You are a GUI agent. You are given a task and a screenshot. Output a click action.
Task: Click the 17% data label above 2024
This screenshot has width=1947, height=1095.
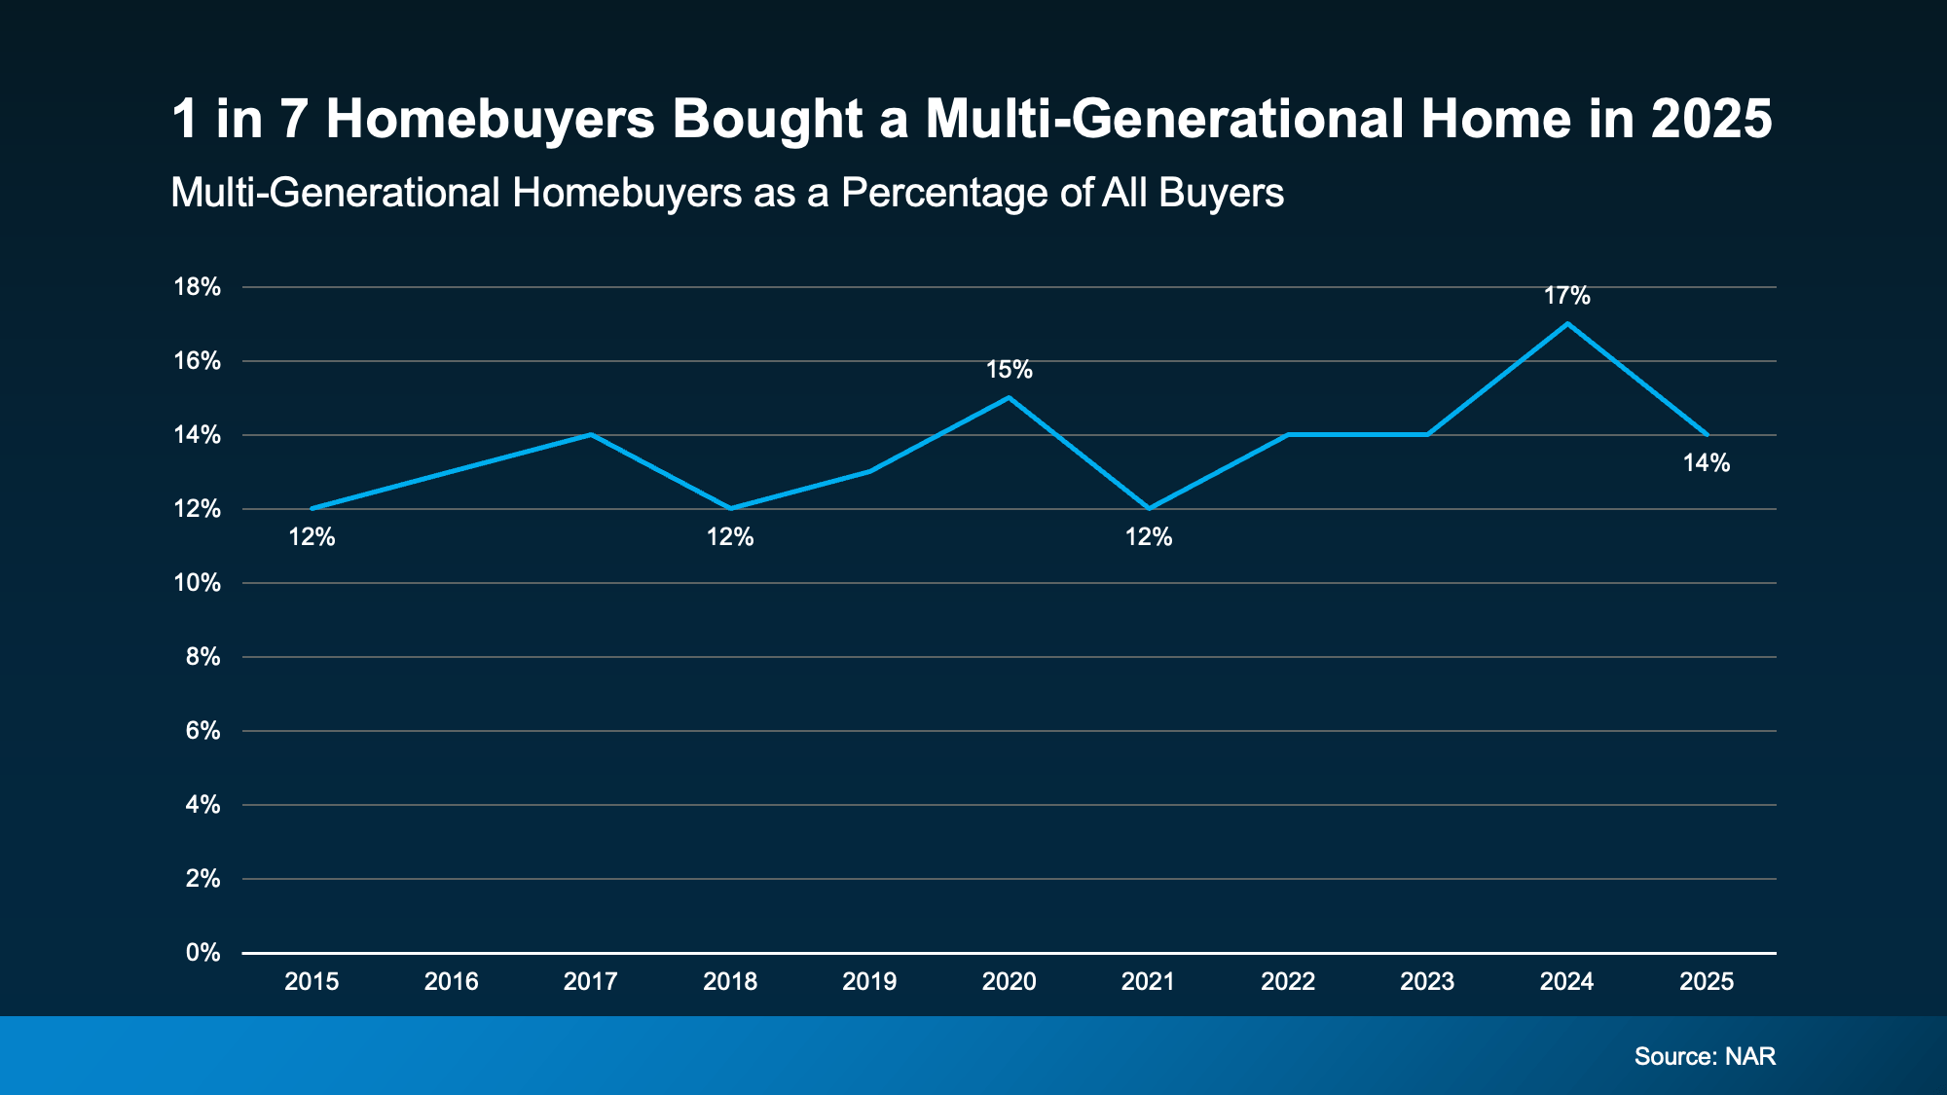click(1566, 296)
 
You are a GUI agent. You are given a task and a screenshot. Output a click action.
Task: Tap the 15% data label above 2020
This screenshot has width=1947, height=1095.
click(1009, 370)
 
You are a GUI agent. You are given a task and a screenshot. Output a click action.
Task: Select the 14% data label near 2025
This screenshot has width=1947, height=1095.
click(1706, 463)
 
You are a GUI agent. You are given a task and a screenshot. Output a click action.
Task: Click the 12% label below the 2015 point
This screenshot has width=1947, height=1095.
click(312, 537)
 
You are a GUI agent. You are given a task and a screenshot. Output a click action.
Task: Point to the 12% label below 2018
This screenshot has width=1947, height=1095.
click(730, 537)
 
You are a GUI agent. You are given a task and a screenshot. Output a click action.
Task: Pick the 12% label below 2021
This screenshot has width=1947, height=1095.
click(1149, 537)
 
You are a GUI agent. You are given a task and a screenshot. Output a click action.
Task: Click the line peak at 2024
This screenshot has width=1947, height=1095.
click(1566, 323)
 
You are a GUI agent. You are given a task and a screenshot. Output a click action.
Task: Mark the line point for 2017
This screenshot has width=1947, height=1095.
click(591, 434)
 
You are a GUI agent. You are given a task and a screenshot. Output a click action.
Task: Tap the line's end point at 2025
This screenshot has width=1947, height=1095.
click(1707, 434)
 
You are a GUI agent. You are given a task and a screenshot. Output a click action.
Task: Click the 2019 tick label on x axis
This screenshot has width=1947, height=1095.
click(869, 981)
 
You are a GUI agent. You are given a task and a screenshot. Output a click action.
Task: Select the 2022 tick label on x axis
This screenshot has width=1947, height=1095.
click(1288, 981)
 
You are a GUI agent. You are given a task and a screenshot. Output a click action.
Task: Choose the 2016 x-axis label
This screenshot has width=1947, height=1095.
click(451, 981)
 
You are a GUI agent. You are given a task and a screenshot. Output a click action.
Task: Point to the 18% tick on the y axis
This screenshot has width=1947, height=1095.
click(197, 287)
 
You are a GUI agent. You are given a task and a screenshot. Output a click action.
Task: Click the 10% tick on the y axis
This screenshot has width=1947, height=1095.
click(197, 583)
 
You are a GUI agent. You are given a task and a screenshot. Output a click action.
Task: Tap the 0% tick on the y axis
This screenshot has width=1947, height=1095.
click(202, 953)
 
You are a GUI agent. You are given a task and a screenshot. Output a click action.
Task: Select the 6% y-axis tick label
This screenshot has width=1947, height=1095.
click(202, 731)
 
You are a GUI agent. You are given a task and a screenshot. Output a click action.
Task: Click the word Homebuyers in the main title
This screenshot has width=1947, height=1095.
click(490, 119)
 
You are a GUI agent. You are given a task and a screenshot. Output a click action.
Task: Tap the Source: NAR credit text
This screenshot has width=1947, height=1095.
click(1705, 1056)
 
